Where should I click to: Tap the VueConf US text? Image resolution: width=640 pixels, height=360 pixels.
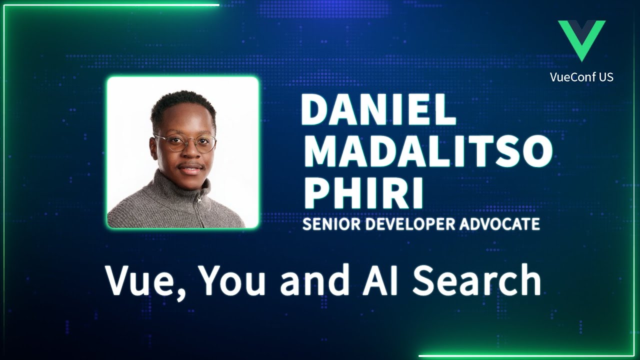coord(581,77)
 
